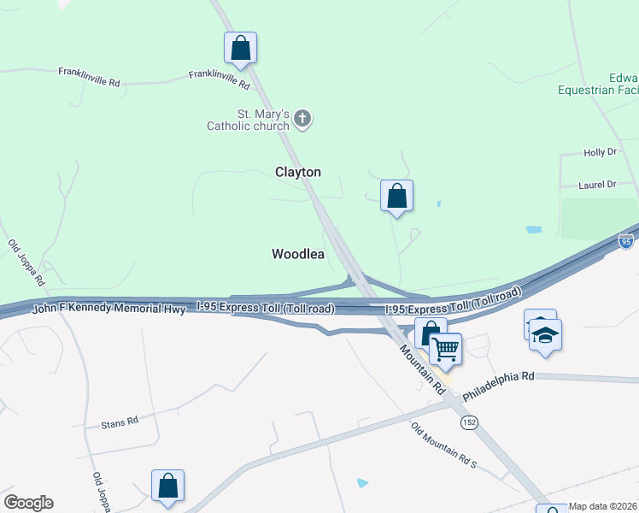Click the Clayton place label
297,172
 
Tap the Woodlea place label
297,254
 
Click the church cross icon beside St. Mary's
302,119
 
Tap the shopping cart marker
445,349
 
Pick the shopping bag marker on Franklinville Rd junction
241,48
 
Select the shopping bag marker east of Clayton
396,196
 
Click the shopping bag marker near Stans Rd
168,485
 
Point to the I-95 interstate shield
628,242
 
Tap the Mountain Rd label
423,368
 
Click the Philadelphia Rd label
498,387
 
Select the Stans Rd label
120,422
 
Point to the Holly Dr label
600,152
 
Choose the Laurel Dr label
598,184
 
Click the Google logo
28,503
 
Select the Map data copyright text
602,506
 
